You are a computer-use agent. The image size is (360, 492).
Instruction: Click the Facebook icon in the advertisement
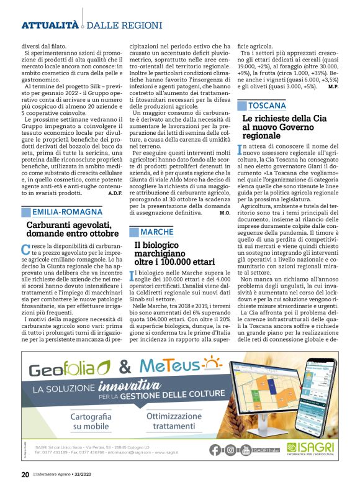(x=215, y=450)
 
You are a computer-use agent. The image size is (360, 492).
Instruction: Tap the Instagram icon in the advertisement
(x=230, y=450)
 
